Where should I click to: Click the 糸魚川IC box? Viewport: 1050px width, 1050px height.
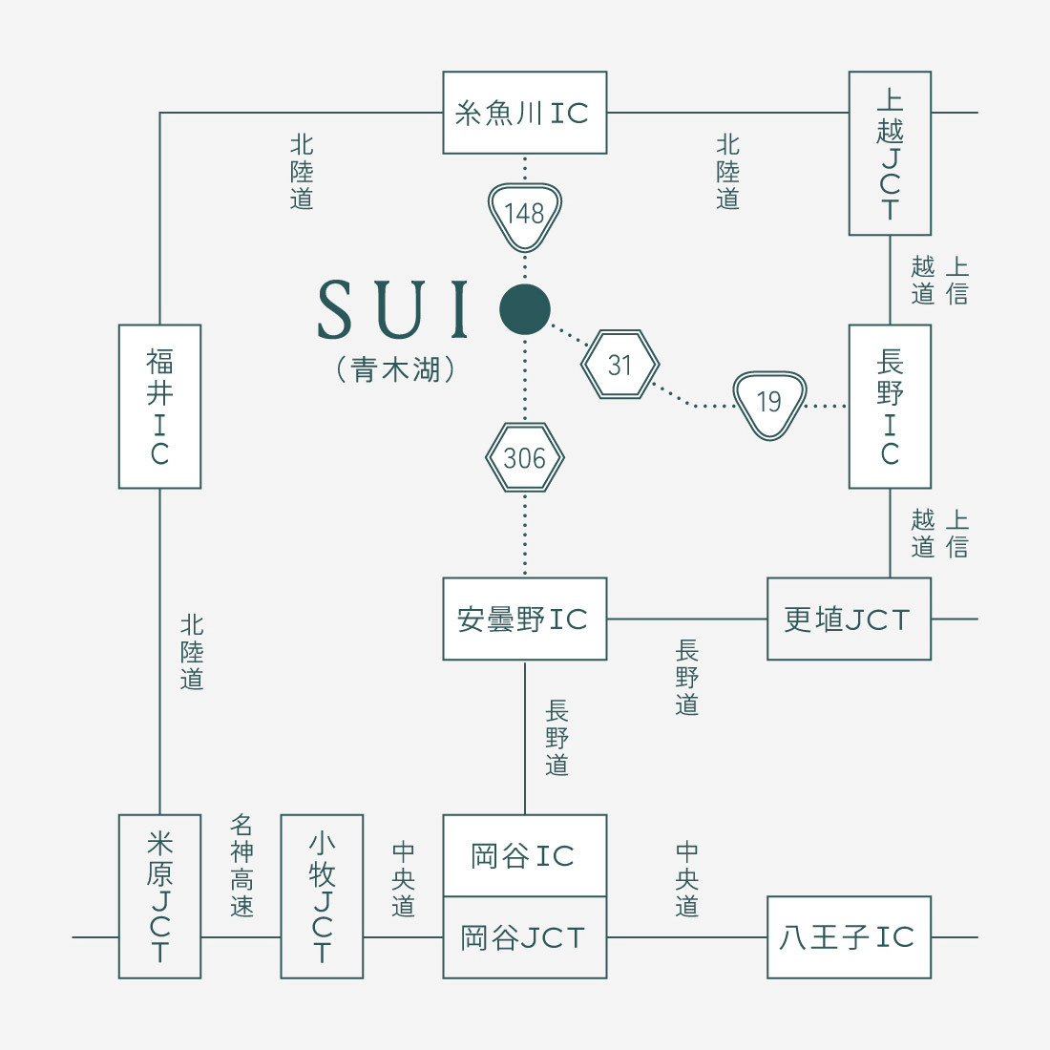click(x=525, y=113)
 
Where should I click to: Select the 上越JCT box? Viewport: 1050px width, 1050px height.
click(x=890, y=154)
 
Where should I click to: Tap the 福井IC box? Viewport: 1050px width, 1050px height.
click(x=160, y=407)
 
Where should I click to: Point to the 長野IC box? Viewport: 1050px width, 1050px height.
click(x=890, y=407)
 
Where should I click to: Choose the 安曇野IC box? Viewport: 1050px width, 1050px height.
click(x=525, y=619)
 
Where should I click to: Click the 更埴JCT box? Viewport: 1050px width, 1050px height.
click(x=850, y=619)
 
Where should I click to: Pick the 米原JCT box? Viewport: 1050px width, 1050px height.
click(x=160, y=896)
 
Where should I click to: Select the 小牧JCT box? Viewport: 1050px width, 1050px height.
click(x=322, y=896)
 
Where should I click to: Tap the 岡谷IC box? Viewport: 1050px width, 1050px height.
click(x=525, y=856)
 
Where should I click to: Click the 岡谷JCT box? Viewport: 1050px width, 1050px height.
click(x=525, y=937)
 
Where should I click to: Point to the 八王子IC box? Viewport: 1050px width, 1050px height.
click(x=850, y=937)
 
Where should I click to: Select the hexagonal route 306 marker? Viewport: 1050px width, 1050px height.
click(x=525, y=458)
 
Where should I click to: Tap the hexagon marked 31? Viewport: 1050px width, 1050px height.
click(x=620, y=365)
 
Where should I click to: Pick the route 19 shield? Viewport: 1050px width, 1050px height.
click(x=769, y=405)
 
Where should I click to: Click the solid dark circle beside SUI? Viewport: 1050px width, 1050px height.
click(x=525, y=309)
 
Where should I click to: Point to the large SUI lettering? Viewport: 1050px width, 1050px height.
click(x=393, y=308)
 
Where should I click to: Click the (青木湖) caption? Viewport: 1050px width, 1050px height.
click(x=396, y=369)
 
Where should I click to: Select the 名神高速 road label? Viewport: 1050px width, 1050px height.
click(x=241, y=865)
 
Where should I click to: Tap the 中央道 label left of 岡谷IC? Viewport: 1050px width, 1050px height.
click(x=404, y=878)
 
